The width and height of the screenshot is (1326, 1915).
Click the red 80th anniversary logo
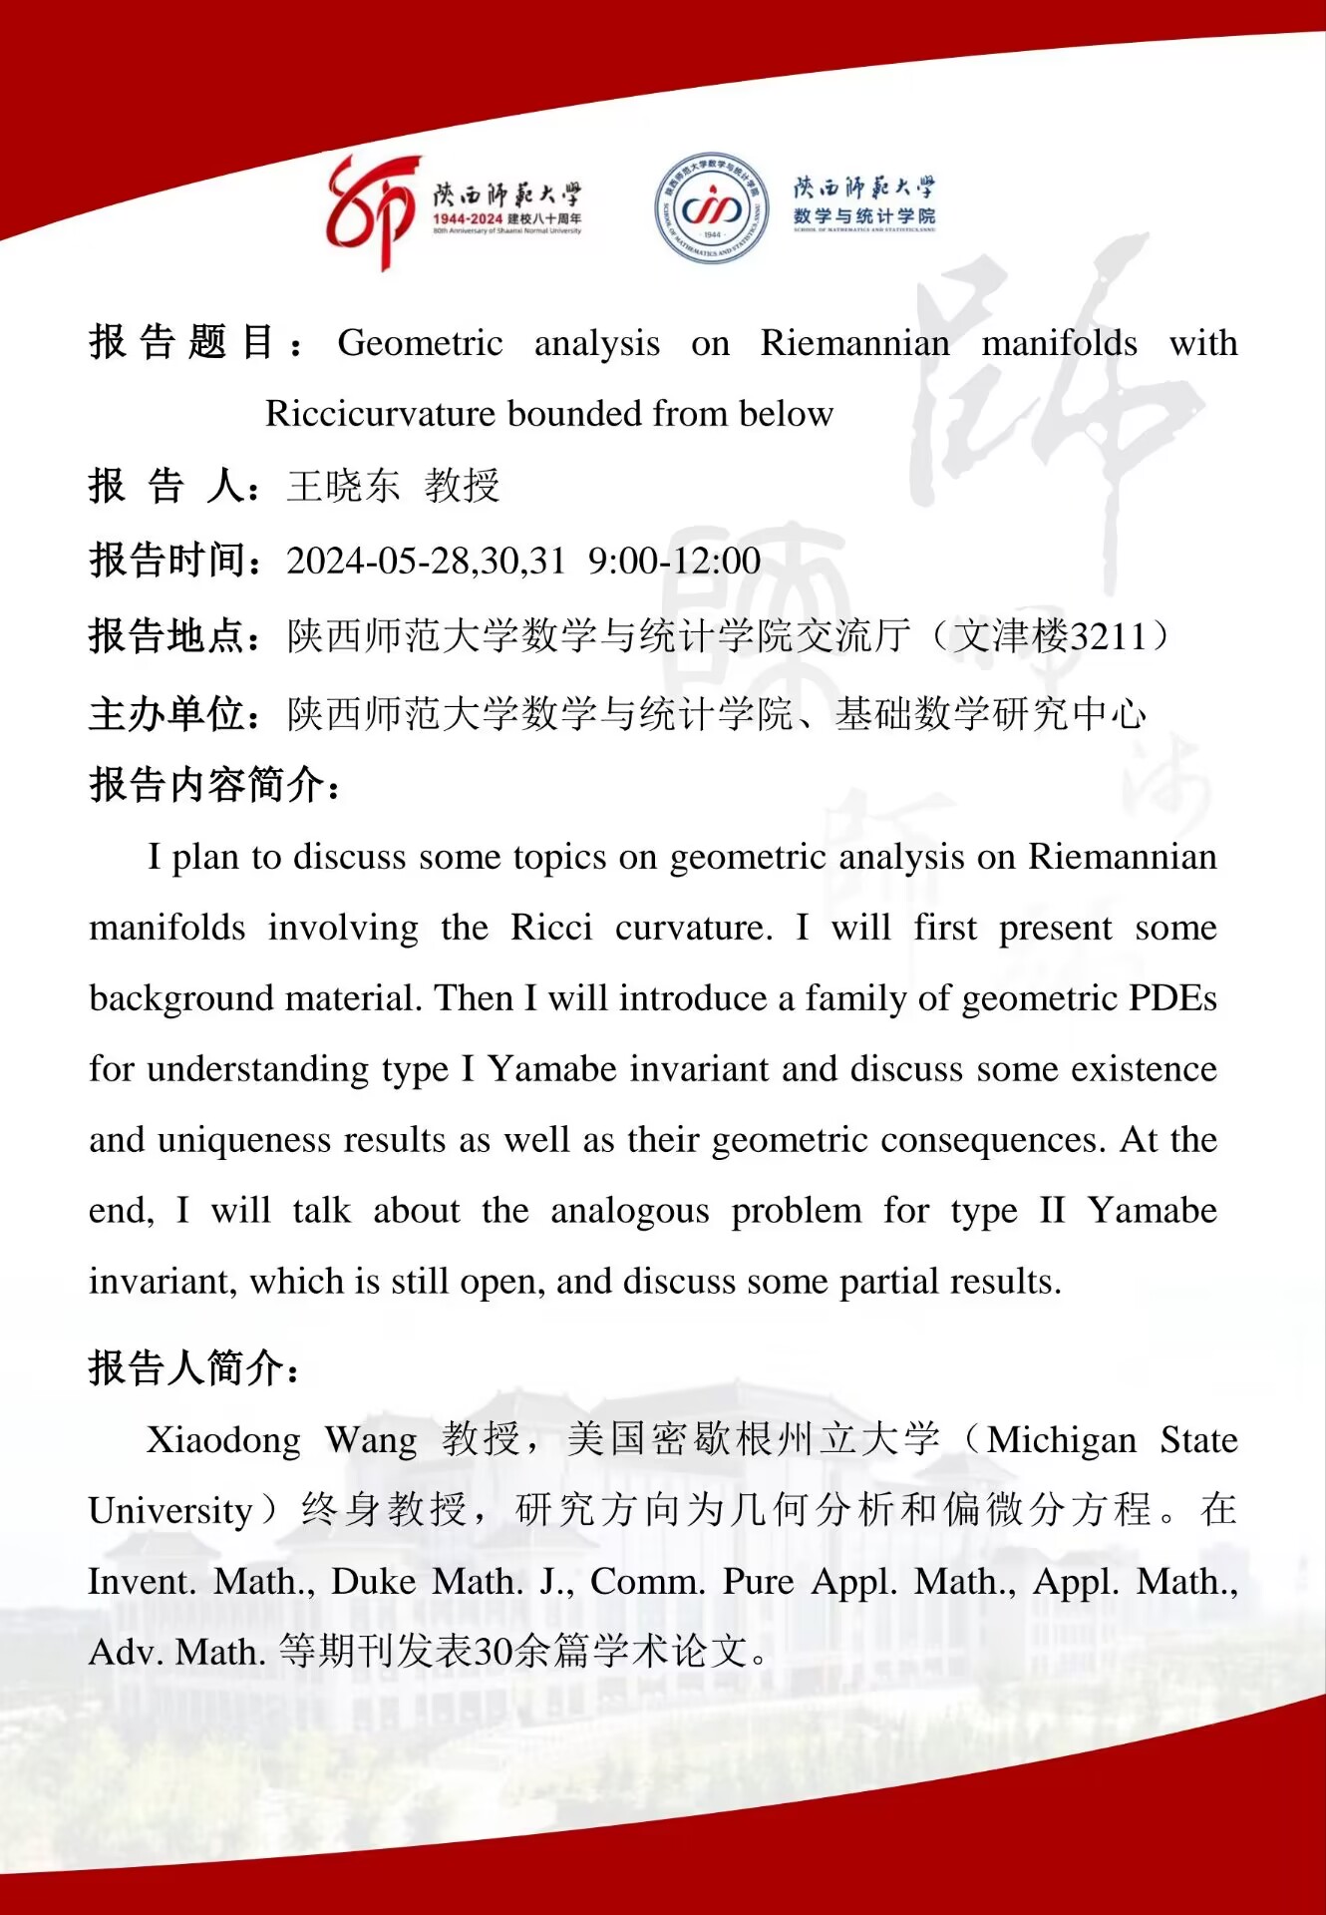(371, 210)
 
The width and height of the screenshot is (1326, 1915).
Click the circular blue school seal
(712, 207)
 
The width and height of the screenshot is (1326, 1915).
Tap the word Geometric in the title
(420, 343)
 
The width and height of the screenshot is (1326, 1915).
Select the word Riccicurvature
(379, 414)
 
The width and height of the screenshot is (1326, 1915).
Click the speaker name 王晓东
(343, 486)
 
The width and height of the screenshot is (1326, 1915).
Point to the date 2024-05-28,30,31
(426, 561)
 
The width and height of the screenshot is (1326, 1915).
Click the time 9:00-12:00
(674, 561)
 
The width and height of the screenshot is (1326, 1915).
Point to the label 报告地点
(169, 636)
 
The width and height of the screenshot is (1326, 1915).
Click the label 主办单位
(169, 713)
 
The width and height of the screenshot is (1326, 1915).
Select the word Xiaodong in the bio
(224, 1440)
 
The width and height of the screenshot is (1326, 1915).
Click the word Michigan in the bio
(1062, 1440)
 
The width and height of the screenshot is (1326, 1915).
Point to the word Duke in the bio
(373, 1582)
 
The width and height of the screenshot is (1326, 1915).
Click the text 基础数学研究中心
(991, 713)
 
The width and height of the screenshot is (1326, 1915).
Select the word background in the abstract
(180, 998)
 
